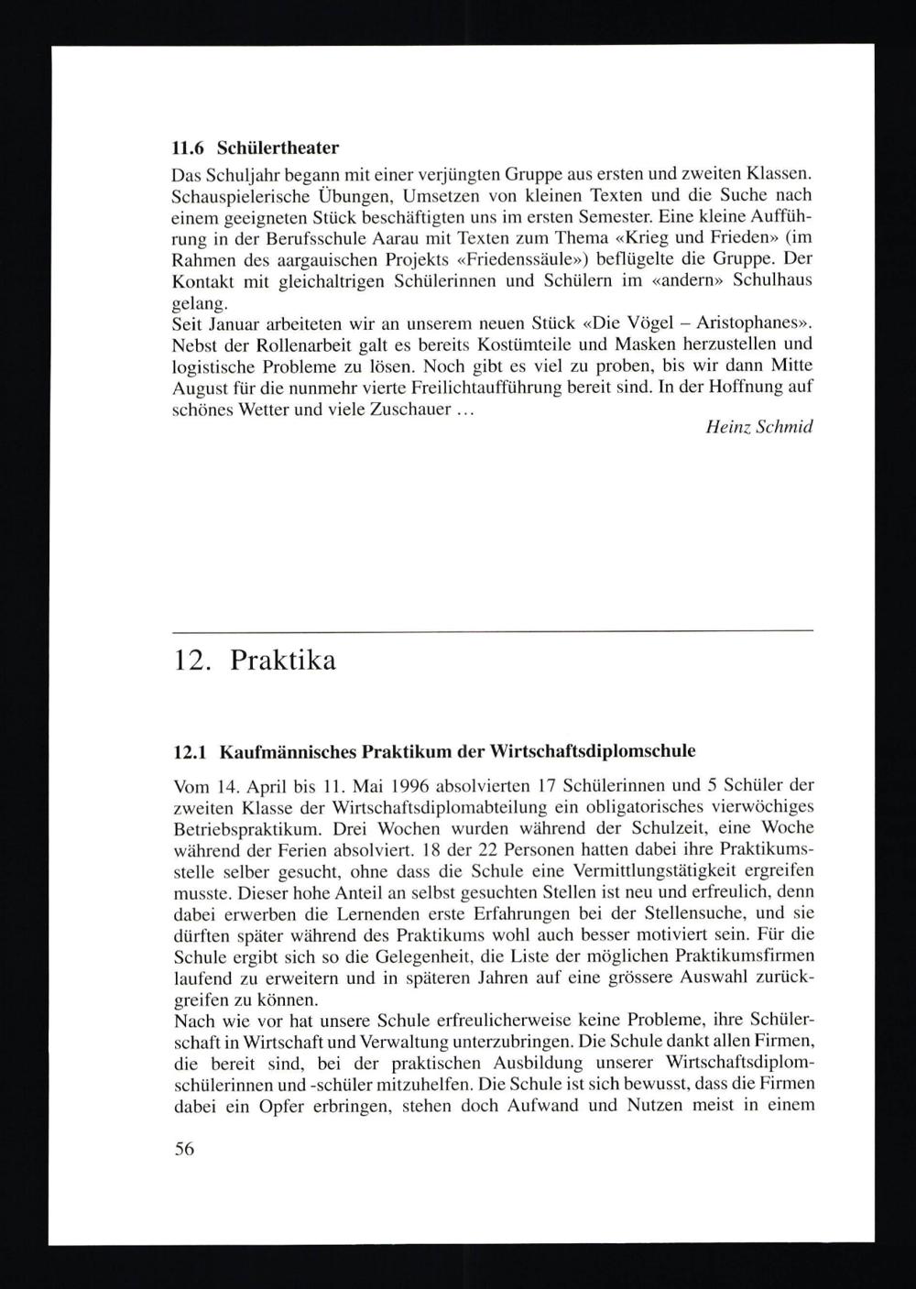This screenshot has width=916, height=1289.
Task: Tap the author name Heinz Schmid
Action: click(x=759, y=428)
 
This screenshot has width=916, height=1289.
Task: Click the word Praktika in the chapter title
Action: click(x=283, y=661)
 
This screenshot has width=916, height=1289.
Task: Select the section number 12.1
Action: click(x=190, y=751)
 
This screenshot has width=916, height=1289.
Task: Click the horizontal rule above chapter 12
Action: click(x=493, y=631)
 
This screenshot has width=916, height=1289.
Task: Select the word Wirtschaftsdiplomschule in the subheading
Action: click(x=594, y=751)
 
